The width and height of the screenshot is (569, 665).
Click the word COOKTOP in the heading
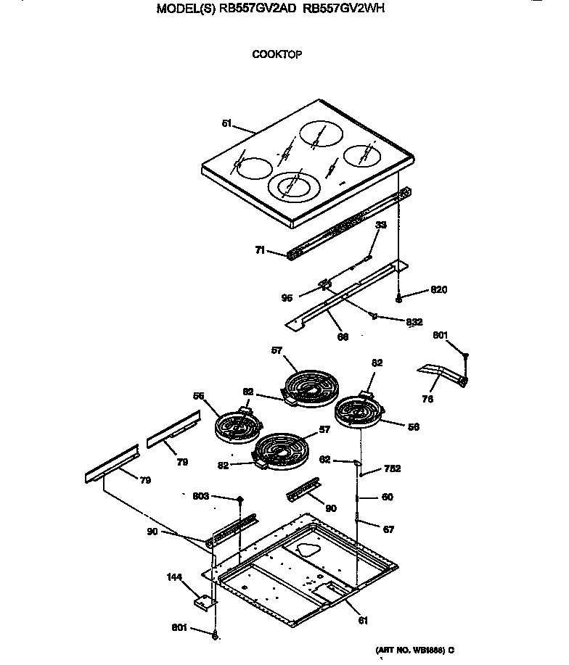[277, 54]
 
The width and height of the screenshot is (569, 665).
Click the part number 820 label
[438, 289]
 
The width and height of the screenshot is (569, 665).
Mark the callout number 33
[380, 226]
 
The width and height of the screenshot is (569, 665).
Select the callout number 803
[200, 496]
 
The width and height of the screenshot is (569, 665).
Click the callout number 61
[363, 620]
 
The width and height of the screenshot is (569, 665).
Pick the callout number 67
[388, 529]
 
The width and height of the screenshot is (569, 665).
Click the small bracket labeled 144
[204, 601]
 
